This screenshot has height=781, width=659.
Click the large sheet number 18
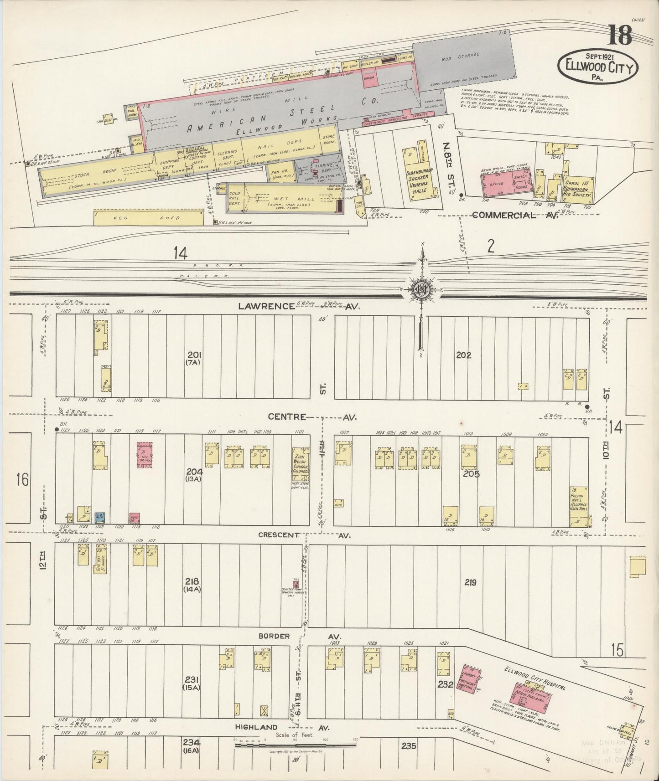(x=619, y=36)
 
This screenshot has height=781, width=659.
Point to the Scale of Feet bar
(x=295, y=745)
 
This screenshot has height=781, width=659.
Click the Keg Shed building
(x=148, y=217)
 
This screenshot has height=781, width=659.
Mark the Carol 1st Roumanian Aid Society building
(x=578, y=189)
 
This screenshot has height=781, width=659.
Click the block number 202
(x=463, y=355)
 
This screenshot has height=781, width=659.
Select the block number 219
(x=470, y=582)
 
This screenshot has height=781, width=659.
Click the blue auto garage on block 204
(x=99, y=517)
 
